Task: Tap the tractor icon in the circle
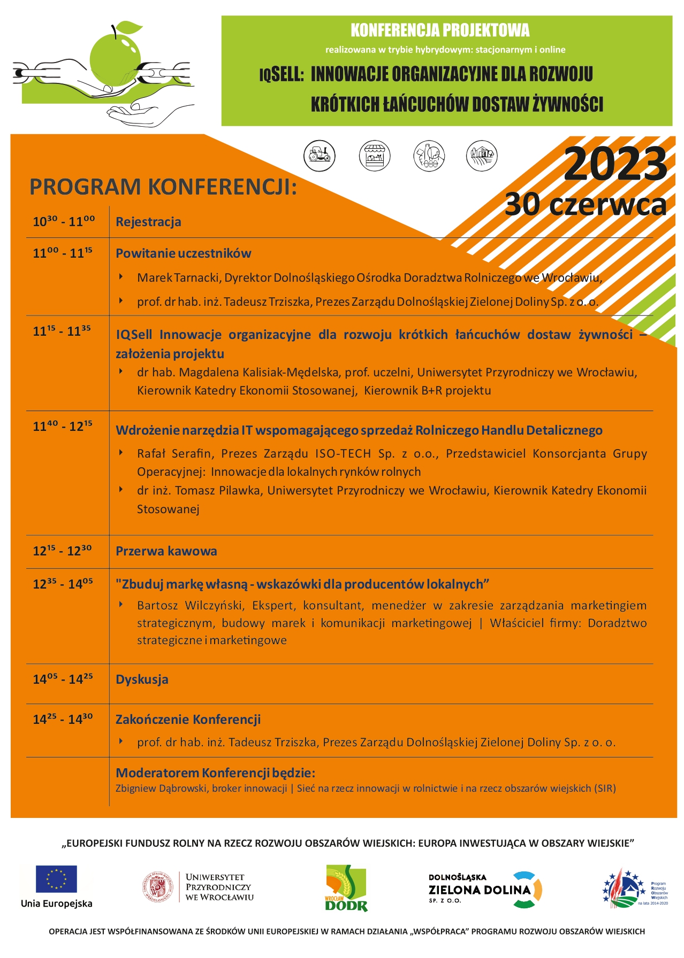pos(320,156)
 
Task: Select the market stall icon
pos(374,156)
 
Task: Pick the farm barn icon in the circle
pos(482,156)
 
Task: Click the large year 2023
pos(615,165)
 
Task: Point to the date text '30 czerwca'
pos(586,205)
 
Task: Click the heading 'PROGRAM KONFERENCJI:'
pos(163,187)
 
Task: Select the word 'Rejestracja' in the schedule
pos(148,222)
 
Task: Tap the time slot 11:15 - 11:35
pos(62,331)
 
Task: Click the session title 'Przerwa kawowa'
pos(166,551)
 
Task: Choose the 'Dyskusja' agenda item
pos(142,679)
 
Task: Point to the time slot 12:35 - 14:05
pos(63,584)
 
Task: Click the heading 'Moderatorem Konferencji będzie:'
pos(215,772)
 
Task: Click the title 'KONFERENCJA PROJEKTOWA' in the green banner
pos(440,30)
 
